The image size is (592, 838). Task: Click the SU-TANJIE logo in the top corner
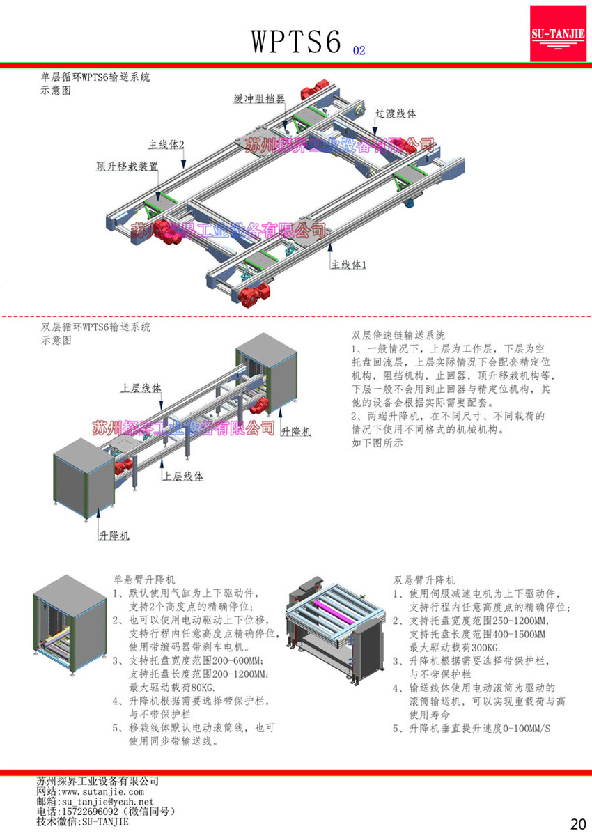pos(558,33)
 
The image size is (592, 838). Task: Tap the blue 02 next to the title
pos(359,51)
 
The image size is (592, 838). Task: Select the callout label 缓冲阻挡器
pos(258,100)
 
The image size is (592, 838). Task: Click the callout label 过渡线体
pos(396,114)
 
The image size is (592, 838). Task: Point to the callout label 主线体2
pos(166,145)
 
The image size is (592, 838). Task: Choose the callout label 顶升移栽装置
pos(127,166)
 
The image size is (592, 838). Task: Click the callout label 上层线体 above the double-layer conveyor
pos(141,387)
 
